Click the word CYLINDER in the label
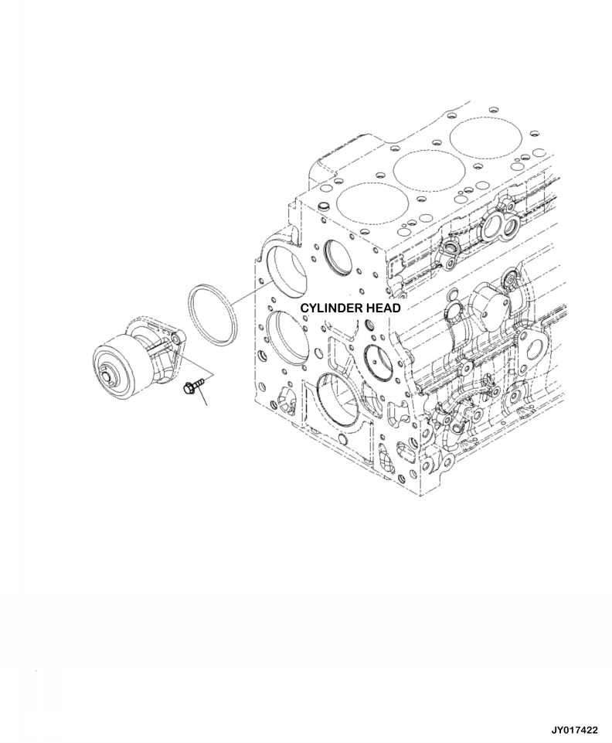tap(327, 308)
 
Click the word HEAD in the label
tap(379, 308)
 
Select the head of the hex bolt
tap(185, 390)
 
